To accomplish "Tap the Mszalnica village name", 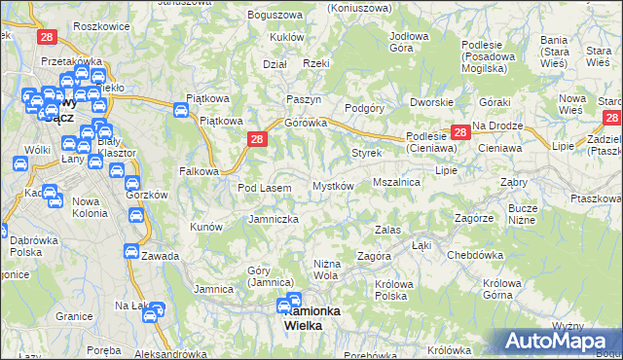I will click(396, 182).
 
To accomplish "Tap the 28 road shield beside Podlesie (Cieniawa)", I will click(459, 131).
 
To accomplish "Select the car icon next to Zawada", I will click(129, 251).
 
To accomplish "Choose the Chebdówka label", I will click(473, 255).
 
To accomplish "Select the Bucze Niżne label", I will click(523, 214).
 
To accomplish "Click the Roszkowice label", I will click(100, 26).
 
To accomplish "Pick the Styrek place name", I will click(366, 154).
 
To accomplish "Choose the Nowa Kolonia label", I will click(90, 207).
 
